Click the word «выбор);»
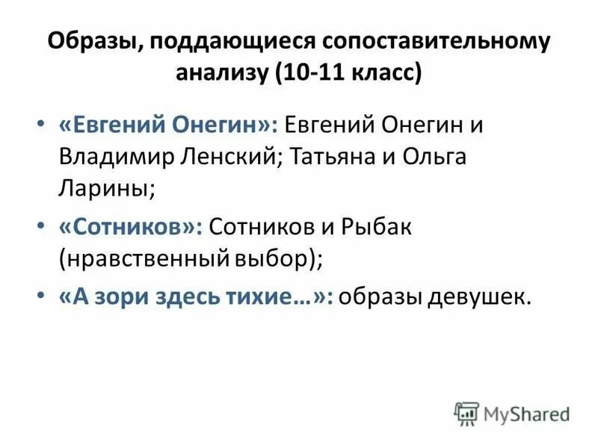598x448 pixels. [277, 260]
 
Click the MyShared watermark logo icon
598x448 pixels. [466, 412]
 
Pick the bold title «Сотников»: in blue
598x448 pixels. [131, 227]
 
